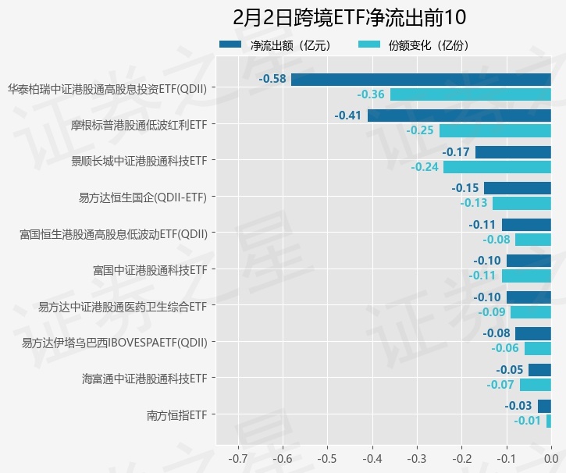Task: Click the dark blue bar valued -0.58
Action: (421, 80)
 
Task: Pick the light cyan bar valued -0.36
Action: (471, 94)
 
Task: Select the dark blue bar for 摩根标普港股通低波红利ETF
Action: (459, 116)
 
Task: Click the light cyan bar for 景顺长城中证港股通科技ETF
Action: (497, 167)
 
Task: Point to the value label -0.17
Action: (456, 152)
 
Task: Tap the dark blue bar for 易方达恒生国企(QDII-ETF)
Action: (518, 188)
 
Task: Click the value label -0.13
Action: (474, 203)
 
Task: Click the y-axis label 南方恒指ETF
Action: (176, 414)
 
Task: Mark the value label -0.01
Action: (527, 421)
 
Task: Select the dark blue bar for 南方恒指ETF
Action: (544, 406)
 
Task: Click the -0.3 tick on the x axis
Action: (417, 457)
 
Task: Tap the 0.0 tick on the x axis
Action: (551, 457)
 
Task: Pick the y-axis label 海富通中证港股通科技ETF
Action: (144, 379)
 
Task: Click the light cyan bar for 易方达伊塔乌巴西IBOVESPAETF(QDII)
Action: (538, 348)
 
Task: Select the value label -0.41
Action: (348, 116)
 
